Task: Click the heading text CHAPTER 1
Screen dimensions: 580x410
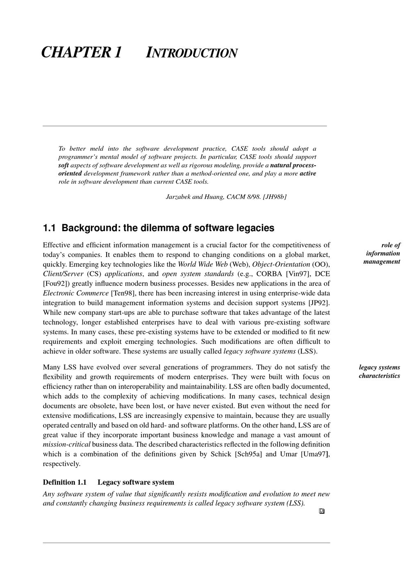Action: [x=82, y=53]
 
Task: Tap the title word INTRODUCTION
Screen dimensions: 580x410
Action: [x=191, y=53]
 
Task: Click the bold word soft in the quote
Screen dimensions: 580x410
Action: [x=63, y=165]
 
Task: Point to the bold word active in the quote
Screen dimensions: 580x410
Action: [x=308, y=173]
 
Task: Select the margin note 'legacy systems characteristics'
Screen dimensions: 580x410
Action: [x=380, y=371]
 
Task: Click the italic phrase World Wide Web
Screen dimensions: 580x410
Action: [x=203, y=264]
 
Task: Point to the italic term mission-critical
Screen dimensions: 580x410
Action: [x=66, y=445]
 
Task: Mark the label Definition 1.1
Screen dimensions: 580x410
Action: [x=65, y=482]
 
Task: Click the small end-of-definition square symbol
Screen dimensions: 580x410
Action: [x=321, y=511]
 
